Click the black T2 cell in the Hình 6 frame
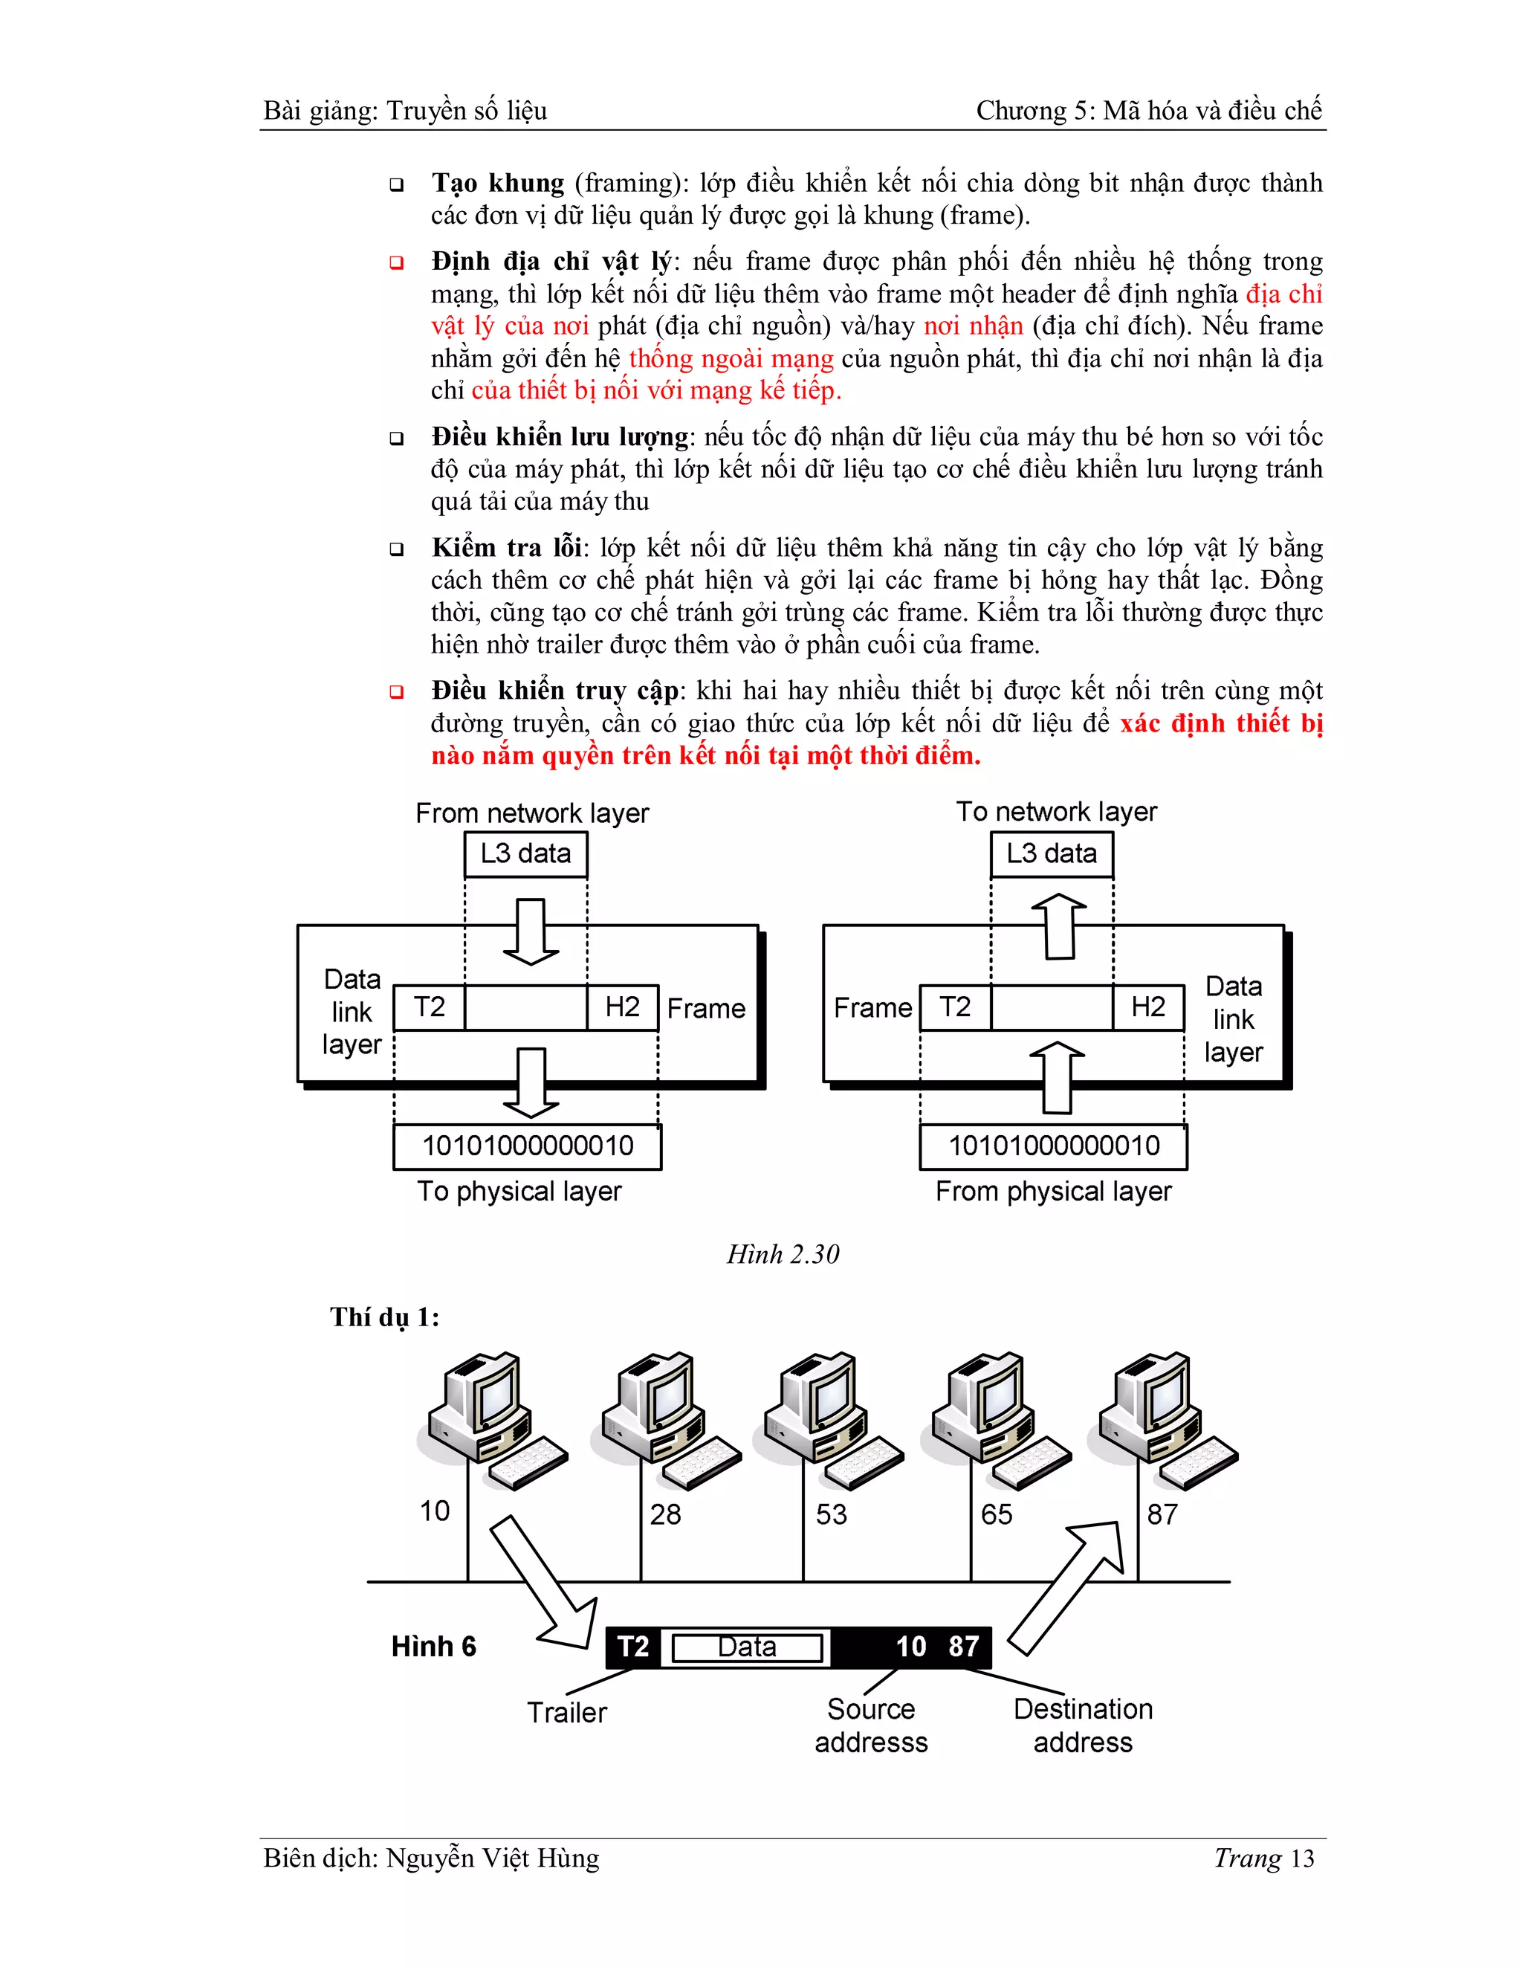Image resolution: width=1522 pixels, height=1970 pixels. [x=633, y=1647]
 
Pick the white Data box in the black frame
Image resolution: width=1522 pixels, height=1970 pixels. [x=747, y=1648]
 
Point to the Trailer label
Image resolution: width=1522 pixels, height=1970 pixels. [x=566, y=1712]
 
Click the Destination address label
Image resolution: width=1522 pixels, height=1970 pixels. [x=1083, y=1725]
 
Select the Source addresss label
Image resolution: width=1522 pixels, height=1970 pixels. [x=871, y=1725]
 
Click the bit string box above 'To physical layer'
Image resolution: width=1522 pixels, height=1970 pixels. [x=528, y=1146]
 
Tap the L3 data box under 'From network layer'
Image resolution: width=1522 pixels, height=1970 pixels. [x=525, y=854]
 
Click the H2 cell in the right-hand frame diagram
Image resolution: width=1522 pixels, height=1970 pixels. [x=1147, y=1007]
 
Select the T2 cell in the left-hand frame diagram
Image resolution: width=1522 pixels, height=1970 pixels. [x=430, y=1007]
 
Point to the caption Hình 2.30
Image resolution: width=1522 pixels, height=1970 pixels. [x=783, y=1255]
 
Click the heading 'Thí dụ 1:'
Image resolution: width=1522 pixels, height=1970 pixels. [x=385, y=1318]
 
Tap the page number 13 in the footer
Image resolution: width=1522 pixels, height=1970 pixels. [x=1301, y=1859]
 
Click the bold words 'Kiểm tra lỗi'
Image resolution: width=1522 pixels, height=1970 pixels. [x=508, y=548]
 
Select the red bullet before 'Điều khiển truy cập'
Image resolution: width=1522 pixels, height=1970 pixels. [x=397, y=692]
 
